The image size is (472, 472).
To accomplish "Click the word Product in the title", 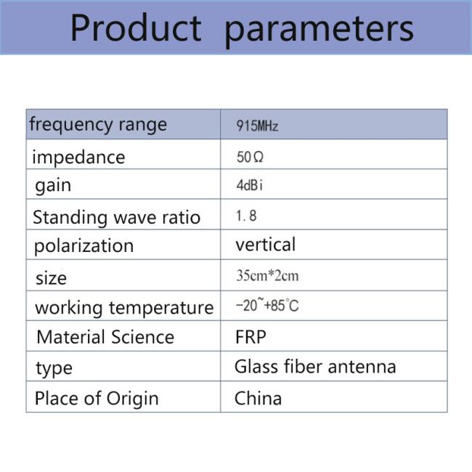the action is click(136, 28).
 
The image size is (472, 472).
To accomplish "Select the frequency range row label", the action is click(98, 125).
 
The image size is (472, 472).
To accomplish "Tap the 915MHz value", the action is click(257, 126).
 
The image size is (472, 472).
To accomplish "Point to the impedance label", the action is click(78, 157).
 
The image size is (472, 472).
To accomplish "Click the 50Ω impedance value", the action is click(250, 157).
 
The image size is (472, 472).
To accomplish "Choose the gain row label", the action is click(53, 186).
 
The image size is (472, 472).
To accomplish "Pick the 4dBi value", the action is click(249, 185).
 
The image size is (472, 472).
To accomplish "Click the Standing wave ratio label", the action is click(116, 217).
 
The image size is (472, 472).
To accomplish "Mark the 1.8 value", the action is click(246, 216).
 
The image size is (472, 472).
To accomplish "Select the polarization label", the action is click(84, 247).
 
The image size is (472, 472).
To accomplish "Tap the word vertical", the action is click(266, 245).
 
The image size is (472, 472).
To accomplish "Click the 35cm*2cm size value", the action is click(267, 275).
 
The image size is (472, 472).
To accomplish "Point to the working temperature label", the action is click(124, 308).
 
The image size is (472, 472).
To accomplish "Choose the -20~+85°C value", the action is click(267, 305).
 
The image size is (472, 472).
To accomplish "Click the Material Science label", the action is click(105, 337).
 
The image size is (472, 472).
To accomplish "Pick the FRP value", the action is click(251, 337).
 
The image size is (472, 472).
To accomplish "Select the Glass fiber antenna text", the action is click(315, 367).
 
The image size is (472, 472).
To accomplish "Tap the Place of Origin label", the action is click(97, 399).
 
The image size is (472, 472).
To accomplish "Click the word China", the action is click(258, 398).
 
